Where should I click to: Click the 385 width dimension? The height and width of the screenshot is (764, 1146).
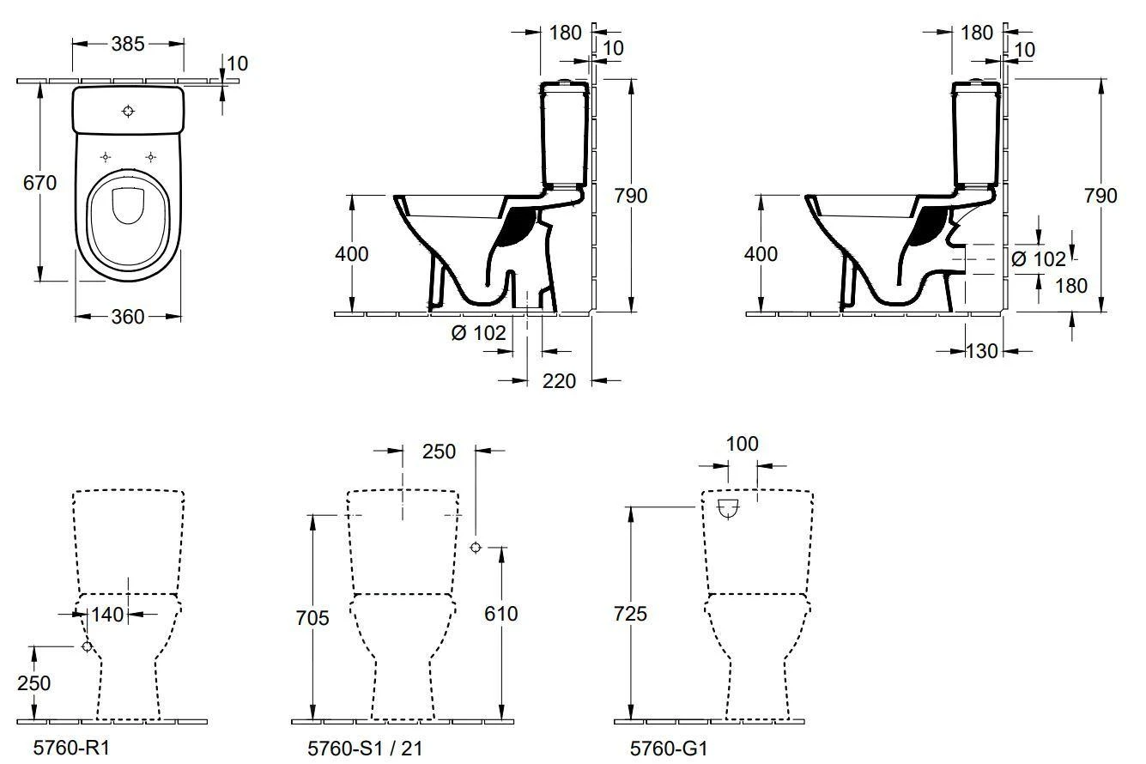click(x=127, y=44)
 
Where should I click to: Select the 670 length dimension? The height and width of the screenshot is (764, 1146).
click(x=39, y=183)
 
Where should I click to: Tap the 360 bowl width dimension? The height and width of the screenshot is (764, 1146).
click(x=128, y=317)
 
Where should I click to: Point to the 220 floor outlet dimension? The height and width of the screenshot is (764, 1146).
click(x=560, y=380)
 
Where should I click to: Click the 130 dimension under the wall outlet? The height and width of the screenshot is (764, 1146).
click(x=982, y=350)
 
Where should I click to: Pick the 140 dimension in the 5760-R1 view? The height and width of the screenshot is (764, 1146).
click(x=107, y=614)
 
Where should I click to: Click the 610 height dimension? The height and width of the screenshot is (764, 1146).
click(x=501, y=614)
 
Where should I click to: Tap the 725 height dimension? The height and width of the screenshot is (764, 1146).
click(x=630, y=614)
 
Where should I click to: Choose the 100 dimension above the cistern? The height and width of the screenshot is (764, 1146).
click(x=742, y=444)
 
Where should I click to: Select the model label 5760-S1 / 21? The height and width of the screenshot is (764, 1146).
click(x=365, y=749)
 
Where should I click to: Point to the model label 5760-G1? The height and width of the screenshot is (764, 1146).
click(x=669, y=749)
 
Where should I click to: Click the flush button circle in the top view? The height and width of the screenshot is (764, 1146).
click(x=129, y=111)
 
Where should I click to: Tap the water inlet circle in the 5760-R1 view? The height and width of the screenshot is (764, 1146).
click(x=87, y=646)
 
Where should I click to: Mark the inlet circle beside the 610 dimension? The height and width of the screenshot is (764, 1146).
click(x=476, y=548)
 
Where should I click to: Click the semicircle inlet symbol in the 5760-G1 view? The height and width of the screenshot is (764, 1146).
click(x=728, y=509)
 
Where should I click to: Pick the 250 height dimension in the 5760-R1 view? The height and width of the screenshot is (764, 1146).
click(x=33, y=683)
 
